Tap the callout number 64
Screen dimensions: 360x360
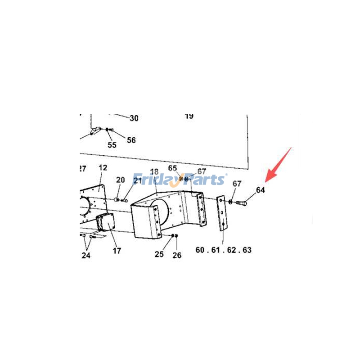click(x=261, y=190)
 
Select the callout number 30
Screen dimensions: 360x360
click(x=134, y=118)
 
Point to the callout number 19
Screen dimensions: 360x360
click(x=189, y=116)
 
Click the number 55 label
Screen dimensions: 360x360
click(x=112, y=144)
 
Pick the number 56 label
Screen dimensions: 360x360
click(x=131, y=140)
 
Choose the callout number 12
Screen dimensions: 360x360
click(x=103, y=168)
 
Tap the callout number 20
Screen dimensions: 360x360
click(x=120, y=180)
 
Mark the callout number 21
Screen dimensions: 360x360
click(x=137, y=181)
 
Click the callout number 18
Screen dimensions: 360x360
click(x=154, y=172)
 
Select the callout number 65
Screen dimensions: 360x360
click(x=173, y=168)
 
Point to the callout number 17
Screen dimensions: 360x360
click(x=117, y=251)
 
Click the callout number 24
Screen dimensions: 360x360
click(x=86, y=256)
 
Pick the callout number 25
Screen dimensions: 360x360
click(x=159, y=254)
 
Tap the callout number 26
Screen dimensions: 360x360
click(x=177, y=256)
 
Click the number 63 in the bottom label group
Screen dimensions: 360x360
click(x=258, y=250)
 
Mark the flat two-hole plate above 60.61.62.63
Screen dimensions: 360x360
click(x=222, y=213)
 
